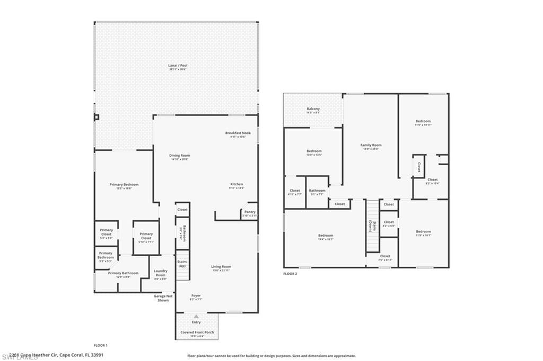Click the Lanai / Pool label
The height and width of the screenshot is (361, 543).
pos(178,66)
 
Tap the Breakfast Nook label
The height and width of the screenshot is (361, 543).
pos(238,133)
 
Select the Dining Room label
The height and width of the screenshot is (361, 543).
pos(180,156)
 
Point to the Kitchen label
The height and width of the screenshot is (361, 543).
pos(237,184)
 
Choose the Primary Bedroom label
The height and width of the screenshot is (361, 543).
pos(124,185)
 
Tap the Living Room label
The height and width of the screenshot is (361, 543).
pos(221,267)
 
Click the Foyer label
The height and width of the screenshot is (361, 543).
pos(196,295)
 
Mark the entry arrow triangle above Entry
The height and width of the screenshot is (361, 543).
pos(196,316)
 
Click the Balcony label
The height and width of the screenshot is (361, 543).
pos(313,109)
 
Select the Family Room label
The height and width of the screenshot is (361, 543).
pos(371,145)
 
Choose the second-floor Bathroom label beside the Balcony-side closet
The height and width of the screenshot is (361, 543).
pos(317,191)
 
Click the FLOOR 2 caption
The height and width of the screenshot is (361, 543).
pos(290,274)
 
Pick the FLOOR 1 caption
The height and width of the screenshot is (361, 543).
pos(100,345)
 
